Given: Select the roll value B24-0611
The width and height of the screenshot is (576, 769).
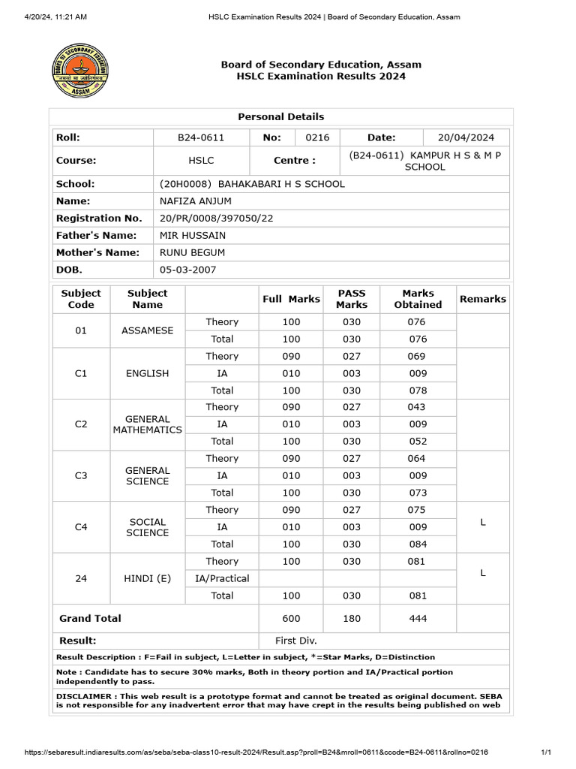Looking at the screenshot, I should (x=200, y=137).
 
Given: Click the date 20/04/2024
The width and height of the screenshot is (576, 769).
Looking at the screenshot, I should (x=466, y=137).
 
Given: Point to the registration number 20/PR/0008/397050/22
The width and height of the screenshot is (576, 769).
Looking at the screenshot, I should (x=217, y=219).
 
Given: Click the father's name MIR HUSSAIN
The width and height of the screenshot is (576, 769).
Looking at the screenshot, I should (x=193, y=236).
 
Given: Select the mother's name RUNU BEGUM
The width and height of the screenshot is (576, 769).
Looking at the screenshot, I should (x=192, y=253).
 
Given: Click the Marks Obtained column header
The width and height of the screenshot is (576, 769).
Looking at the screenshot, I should (x=418, y=299).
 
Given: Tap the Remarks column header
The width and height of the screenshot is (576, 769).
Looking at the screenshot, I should (x=482, y=299).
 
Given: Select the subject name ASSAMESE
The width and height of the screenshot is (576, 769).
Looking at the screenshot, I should (x=147, y=330).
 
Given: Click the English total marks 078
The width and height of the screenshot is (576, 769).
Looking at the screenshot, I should (x=417, y=391).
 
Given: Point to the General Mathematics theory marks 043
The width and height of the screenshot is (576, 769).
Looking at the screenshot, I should (x=417, y=407).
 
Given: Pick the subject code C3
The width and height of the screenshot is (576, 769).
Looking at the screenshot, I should (x=81, y=475).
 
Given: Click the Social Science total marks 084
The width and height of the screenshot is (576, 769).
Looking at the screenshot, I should (x=417, y=544).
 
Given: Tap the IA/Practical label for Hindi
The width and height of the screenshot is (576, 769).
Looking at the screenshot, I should (x=222, y=578).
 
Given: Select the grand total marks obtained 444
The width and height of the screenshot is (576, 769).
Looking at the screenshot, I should (x=417, y=619).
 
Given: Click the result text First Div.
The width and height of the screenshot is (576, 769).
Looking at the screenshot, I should (x=296, y=641).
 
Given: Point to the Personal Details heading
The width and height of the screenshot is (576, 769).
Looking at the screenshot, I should (x=281, y=116).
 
